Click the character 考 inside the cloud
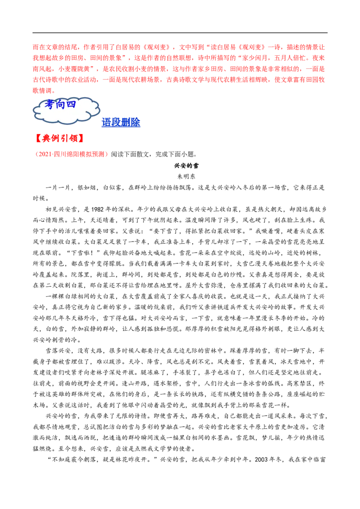[49, 104]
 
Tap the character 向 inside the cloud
[60, 104]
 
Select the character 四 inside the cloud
[71, 104]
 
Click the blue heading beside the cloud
[121, 122]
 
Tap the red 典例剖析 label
[59, 138]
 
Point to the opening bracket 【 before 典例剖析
[38, 138]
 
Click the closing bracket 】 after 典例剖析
[81, 138]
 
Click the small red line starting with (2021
[71, 154]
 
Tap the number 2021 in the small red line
[43, 154]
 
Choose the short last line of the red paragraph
[43, 90]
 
